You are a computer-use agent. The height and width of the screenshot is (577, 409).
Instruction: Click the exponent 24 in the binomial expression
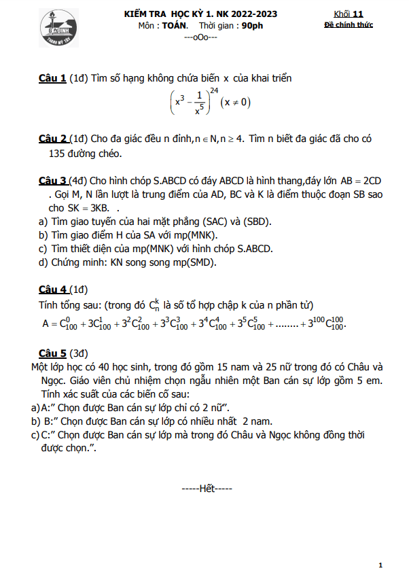214,90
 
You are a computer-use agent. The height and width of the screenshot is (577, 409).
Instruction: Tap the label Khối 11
349,14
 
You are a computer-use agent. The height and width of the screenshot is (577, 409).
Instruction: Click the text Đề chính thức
349,25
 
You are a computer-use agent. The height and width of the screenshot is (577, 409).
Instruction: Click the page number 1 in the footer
380,565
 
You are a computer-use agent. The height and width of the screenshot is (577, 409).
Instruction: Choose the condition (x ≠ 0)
236,103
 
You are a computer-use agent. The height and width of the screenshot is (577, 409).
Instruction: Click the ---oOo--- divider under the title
201,37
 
